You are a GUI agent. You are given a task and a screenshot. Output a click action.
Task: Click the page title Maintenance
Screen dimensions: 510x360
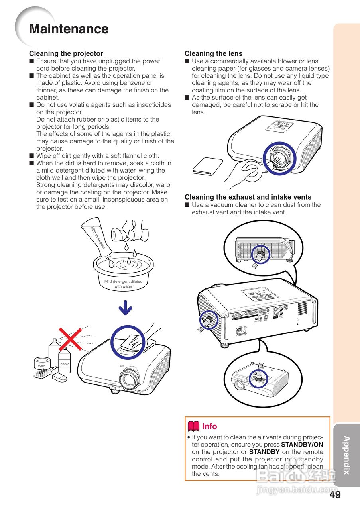pyautogui.click(x=69, y=29)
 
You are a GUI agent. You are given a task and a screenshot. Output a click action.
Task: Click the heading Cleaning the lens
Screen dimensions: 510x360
pyautogui.click(x=213, y=53)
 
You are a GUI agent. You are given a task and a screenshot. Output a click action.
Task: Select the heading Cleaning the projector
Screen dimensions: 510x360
pyautogui.click(x=66, y=53)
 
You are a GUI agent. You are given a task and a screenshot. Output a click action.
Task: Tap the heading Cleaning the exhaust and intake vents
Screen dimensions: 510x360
pyautogui.click(x=248, y=197)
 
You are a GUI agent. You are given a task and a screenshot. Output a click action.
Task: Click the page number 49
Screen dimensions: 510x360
pyautogui.click(x=335, y=495)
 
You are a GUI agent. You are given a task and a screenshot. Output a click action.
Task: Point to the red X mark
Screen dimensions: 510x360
pyautogui.click(x=71, y=339)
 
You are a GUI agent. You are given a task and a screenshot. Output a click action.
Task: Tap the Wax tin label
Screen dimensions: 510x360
pyautogui.click(x=41, y=366)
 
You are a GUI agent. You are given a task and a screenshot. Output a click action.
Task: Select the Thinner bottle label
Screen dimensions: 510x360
pyautogui.click(x=64, y=364)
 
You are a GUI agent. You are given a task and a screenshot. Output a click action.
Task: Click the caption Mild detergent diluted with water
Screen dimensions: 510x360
pyautogui.click(x=123, y=284)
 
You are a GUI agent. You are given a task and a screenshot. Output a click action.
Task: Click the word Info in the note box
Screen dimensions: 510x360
pyautogui.click(x=209, y=426)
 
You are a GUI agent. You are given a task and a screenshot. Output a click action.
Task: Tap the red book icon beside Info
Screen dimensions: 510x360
pyautogui.click(x=193, y=426)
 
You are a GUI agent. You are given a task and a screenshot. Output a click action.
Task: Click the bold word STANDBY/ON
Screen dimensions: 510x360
pyautogui.click(x=302, y=445)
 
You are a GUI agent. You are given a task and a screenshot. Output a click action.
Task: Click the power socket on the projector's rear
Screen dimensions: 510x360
pyautogui.click(x=241, y=331)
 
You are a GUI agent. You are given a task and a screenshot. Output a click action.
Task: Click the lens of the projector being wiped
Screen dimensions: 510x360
pyautogui.click(x=128, y=379)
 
